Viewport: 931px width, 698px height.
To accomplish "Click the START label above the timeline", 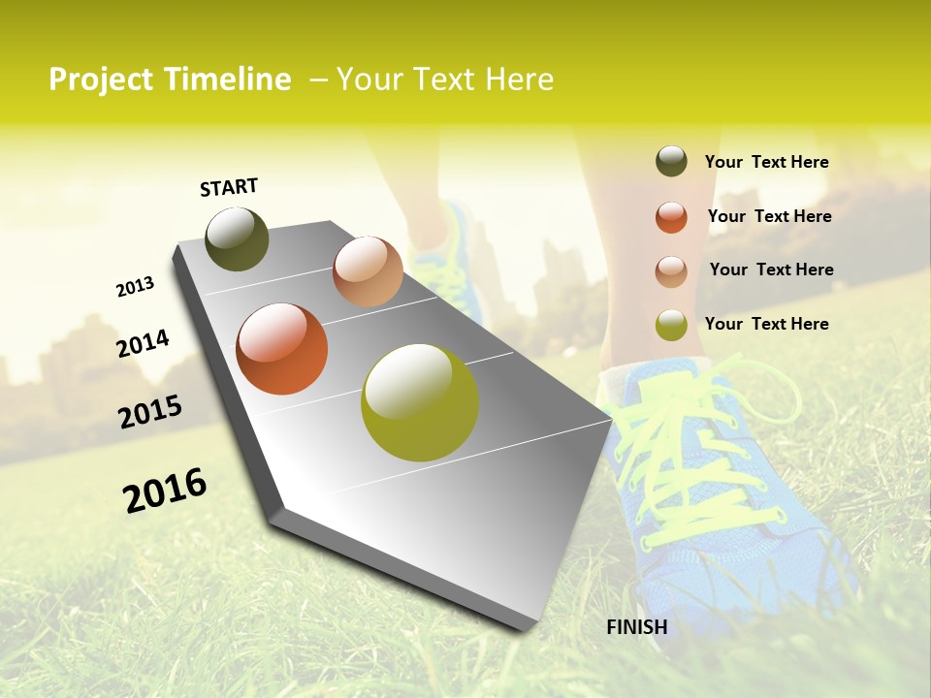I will (229, 187).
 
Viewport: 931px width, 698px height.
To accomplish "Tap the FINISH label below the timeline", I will (637, 627).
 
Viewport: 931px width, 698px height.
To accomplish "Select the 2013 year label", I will (135, 287).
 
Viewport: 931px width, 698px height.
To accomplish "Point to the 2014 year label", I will (143, 343).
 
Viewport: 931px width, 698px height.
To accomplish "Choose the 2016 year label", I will (165, 491).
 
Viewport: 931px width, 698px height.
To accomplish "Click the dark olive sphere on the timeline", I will (237, 238).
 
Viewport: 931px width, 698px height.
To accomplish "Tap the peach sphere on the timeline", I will (368, 271).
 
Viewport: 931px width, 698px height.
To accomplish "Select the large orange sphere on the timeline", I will (282, 349).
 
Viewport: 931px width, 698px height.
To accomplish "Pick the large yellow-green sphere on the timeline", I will (420, 402).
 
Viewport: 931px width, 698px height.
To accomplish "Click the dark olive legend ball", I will (671, 162).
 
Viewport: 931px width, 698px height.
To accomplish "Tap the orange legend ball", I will (671, 217).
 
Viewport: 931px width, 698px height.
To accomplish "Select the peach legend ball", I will (671, 271).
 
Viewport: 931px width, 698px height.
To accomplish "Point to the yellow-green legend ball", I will (671, 326).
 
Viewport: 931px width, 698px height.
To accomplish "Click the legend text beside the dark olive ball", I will (766, 163).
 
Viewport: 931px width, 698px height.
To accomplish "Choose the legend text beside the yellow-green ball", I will (766, 324).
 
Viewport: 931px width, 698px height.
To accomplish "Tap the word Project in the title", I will (101, 79).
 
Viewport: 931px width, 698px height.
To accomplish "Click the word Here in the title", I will (519, 79).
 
